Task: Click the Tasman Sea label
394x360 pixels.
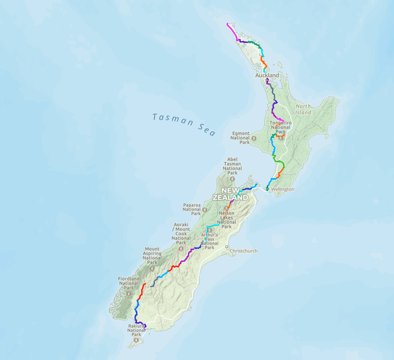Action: tap(183, 124)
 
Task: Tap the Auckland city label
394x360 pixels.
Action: tap(267, 75)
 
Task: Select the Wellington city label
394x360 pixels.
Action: tap(283, 189)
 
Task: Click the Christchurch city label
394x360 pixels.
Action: tap(243, 251)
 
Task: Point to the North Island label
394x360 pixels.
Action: tap(303, 110)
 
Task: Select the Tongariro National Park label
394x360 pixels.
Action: tap(280, 127)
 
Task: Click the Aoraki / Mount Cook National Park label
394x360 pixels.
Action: tap(181, 233)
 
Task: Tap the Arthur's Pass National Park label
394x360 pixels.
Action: tap(209, 241)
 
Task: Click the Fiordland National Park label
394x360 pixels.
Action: tap(128, 283)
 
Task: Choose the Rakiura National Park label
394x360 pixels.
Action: tap(136, 330)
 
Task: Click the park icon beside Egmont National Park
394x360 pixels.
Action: tap(254, 138)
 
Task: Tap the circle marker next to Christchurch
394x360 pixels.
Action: tap(227, 247)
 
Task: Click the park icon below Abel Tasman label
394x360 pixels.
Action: tap(233, 179)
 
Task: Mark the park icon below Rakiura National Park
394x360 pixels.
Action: tap(136, 341)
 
